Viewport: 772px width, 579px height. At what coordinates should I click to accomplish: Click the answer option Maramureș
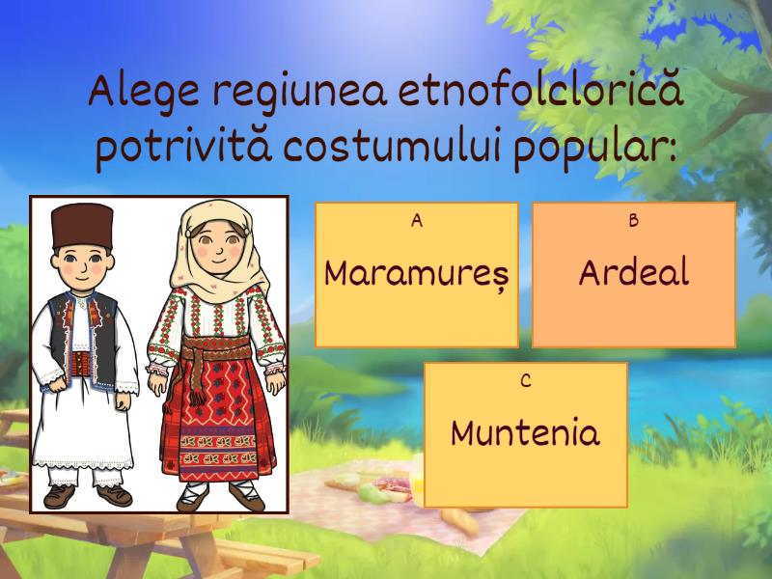(417, 275)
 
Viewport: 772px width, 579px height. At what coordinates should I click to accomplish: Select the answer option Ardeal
(634, 275)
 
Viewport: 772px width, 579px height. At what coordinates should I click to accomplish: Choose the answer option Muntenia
(525, 435)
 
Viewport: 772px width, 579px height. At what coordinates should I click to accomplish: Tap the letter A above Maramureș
(417, 221)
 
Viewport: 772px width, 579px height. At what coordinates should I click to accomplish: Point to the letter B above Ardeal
(634, 221)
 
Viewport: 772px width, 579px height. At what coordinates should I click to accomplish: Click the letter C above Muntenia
(525, 380)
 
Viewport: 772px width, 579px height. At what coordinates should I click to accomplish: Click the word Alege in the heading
(144, 93)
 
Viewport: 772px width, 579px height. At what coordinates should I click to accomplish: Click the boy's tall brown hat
(82, 226)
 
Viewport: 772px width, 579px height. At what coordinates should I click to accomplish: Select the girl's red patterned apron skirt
(216, 419)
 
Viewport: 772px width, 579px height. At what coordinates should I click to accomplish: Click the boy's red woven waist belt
(81, 364)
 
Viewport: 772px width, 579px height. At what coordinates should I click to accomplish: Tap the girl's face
(217, 246)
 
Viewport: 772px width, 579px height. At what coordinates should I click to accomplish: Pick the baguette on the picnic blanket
(460, 522)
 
